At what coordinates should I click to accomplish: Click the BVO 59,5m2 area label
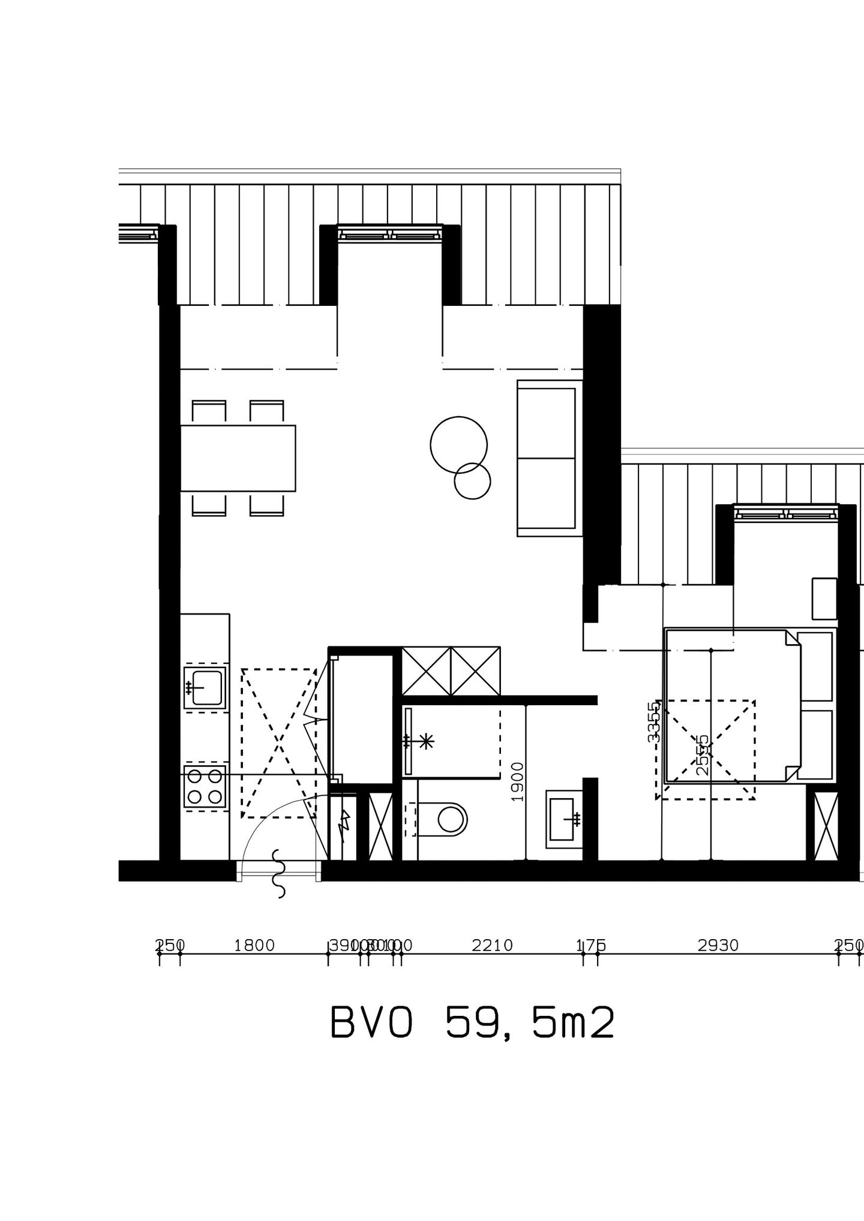[473, 1024]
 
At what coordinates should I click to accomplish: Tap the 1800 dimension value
[254, 946]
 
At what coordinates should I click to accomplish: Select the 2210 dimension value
[493, 946]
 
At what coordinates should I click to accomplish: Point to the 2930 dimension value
[718, 946]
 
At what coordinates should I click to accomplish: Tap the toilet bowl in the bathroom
[451, 819]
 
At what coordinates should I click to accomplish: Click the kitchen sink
[205, 687]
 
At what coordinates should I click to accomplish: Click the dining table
[238, 458]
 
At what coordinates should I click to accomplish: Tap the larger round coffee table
[458, 444]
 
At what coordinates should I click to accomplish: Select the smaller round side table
[473, 481]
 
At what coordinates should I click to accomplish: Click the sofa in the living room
[550, 458]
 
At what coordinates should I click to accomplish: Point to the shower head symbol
[427, 742]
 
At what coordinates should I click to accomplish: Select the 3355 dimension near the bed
[654, 722]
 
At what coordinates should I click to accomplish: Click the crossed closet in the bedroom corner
[826, 826]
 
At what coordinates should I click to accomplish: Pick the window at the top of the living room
[390, 233]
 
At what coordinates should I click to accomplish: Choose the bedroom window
[786, 513]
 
